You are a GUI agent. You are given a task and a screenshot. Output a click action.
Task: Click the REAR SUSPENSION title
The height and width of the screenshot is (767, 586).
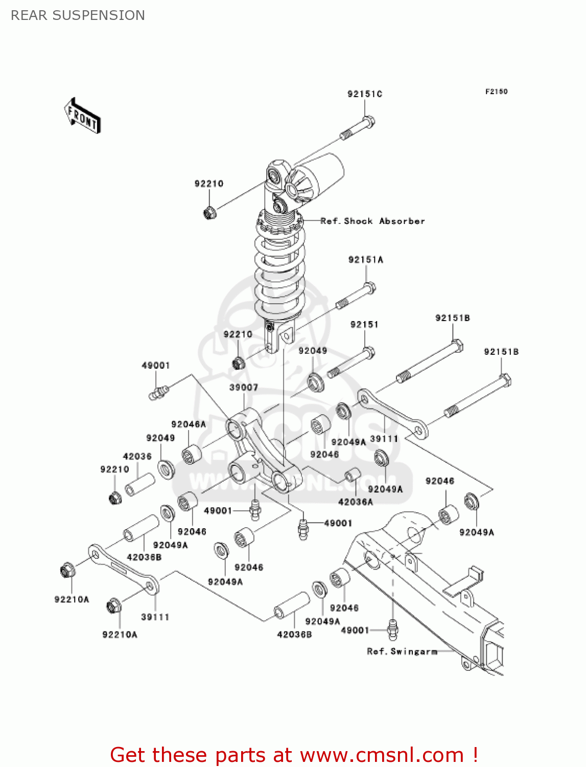point(78,15)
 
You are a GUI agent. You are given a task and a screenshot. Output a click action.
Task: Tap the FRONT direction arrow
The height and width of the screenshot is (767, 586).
point(82,116)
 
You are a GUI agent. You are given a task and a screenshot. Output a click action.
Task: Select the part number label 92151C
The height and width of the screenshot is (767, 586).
point(365,94)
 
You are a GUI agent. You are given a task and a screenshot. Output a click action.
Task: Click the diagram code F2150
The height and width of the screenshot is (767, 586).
point(496,92)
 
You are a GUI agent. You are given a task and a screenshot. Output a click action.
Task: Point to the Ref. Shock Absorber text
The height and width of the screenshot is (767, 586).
point(372,221)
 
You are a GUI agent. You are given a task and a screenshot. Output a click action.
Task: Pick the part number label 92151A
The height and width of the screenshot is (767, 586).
point(365,260)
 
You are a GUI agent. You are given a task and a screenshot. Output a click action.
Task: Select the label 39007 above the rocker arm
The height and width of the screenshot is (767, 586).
point(244,388)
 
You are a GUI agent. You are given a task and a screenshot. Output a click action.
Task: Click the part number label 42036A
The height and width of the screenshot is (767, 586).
point(356,502)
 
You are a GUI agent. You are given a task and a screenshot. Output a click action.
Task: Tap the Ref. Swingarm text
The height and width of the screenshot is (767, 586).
point(402,651)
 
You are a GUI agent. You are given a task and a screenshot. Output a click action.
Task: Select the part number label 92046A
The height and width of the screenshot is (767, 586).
point(189,424)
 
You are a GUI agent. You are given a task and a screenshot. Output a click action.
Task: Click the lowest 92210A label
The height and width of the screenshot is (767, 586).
point(120,635)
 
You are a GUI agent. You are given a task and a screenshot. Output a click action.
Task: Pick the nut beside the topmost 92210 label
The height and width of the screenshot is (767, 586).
point(209,212)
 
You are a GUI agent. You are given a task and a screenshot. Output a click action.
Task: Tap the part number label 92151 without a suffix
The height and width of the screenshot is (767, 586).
point(364,325)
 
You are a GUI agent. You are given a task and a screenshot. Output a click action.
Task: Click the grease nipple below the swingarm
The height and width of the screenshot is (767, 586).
point(392,629)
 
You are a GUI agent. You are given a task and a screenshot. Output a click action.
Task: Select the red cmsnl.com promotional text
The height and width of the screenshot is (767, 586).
point(294,755)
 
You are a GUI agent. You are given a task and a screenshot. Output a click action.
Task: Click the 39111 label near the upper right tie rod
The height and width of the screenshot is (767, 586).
point(384,439)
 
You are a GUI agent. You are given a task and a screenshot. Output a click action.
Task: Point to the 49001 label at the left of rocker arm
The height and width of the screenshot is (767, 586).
point(155,366)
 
